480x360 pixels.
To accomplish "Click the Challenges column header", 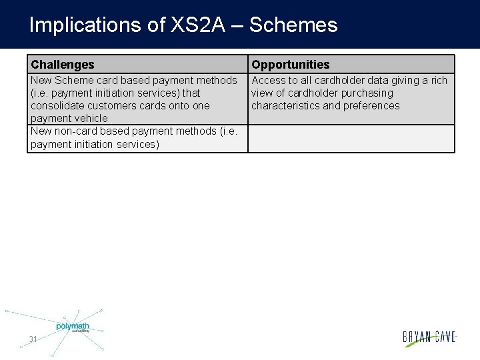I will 63,65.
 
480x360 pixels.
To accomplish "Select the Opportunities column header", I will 290,65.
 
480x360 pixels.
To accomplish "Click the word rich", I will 439,81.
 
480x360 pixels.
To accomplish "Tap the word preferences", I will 371,106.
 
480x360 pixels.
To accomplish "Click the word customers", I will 103,106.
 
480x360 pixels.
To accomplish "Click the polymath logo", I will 72,327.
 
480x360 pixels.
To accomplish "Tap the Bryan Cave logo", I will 429,337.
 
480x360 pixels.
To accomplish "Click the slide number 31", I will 33,339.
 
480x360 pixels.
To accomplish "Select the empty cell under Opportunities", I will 351,139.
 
